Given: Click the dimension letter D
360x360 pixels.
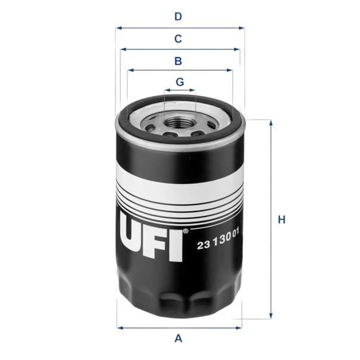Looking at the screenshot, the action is [x=178, y=17].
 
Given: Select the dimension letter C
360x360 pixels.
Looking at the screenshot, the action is [x=178, y=39].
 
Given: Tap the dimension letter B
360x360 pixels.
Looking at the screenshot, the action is [x=178, y=61].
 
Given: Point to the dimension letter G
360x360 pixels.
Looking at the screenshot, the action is [x=180, y=82].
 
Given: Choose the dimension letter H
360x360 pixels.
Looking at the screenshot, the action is [x=281, y=220].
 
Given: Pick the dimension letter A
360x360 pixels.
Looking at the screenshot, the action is [x=178, y=339].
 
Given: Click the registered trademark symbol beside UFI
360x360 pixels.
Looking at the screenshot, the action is [x=185, y=231].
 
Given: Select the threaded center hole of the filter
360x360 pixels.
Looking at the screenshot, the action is [x=179, y=122].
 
